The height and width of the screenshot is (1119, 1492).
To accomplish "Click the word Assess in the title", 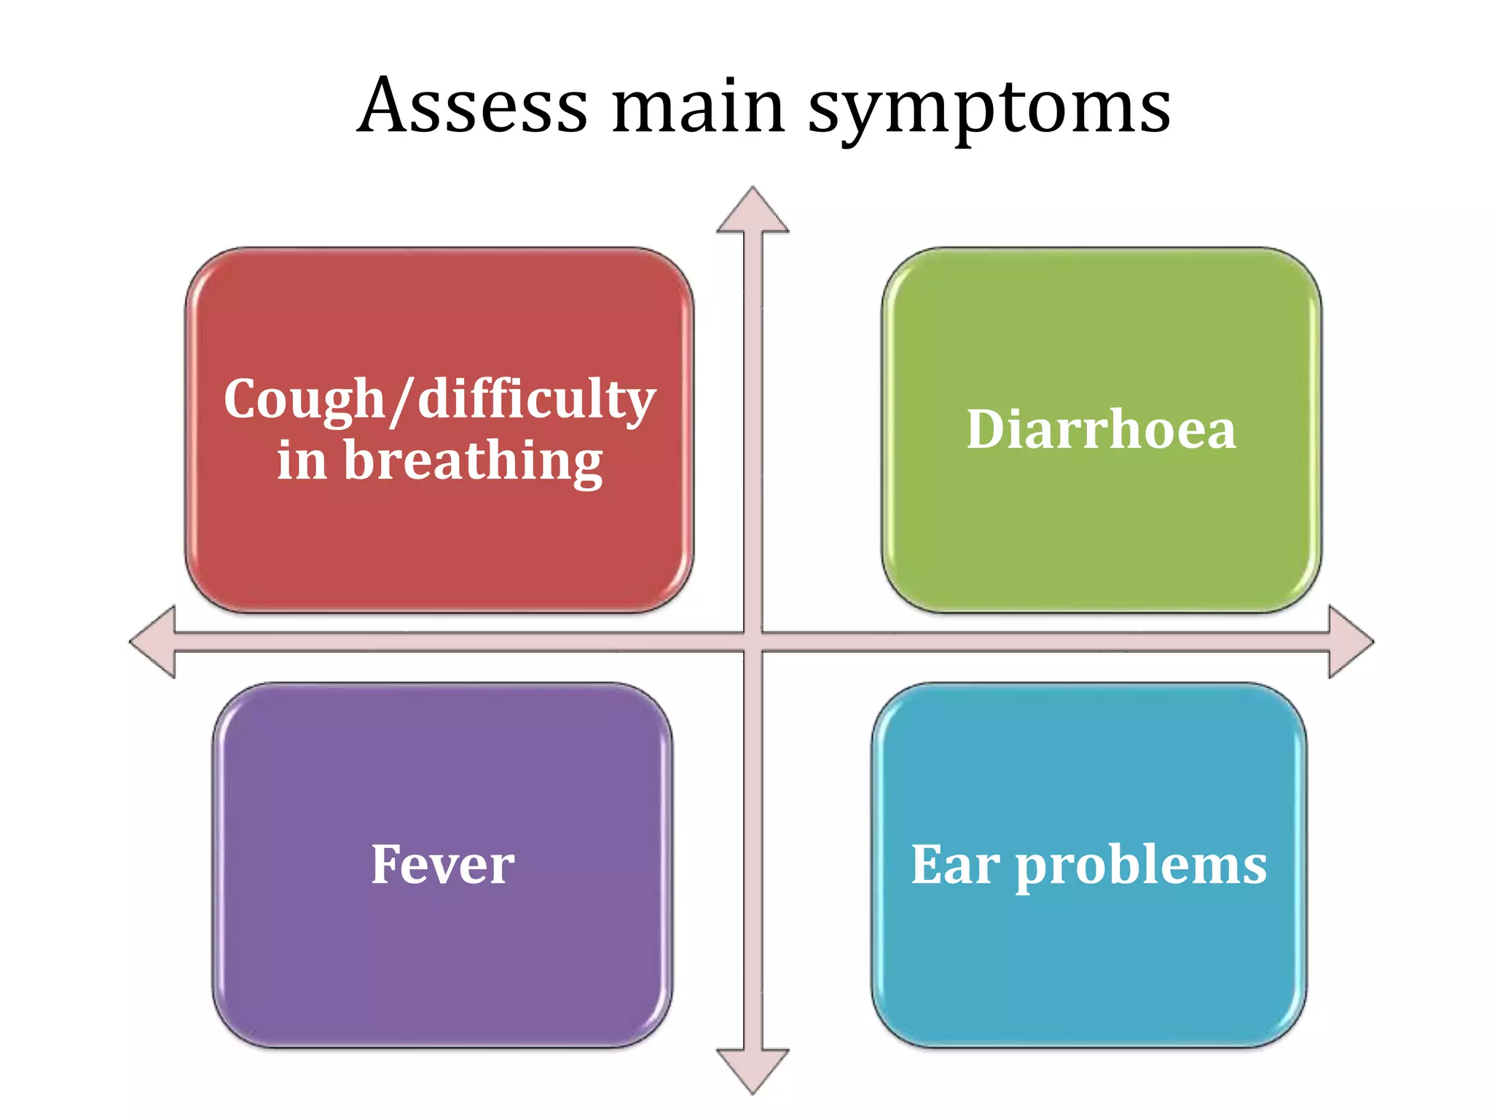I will (x=474, y=107).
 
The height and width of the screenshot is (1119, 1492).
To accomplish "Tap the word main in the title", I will (x=698, y=107).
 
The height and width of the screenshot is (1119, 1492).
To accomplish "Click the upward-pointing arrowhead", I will (x=753, y=212).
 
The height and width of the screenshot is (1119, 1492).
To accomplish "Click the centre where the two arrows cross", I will (x=753, y=642).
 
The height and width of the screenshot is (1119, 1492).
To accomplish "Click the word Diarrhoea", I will (x=1101, y=430).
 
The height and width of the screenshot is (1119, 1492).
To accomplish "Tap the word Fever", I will (x=442, y=865).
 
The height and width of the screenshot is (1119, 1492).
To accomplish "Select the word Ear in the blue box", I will (x=955, y=865).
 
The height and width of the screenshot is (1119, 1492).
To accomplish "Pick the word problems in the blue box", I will (x=1141, y=867).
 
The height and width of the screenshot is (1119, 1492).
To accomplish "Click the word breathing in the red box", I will (x=473, y=462).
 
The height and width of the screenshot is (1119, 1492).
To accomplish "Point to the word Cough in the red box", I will (x=304, y=400).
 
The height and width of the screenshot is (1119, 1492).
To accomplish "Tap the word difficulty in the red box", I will (x=537, y=400).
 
